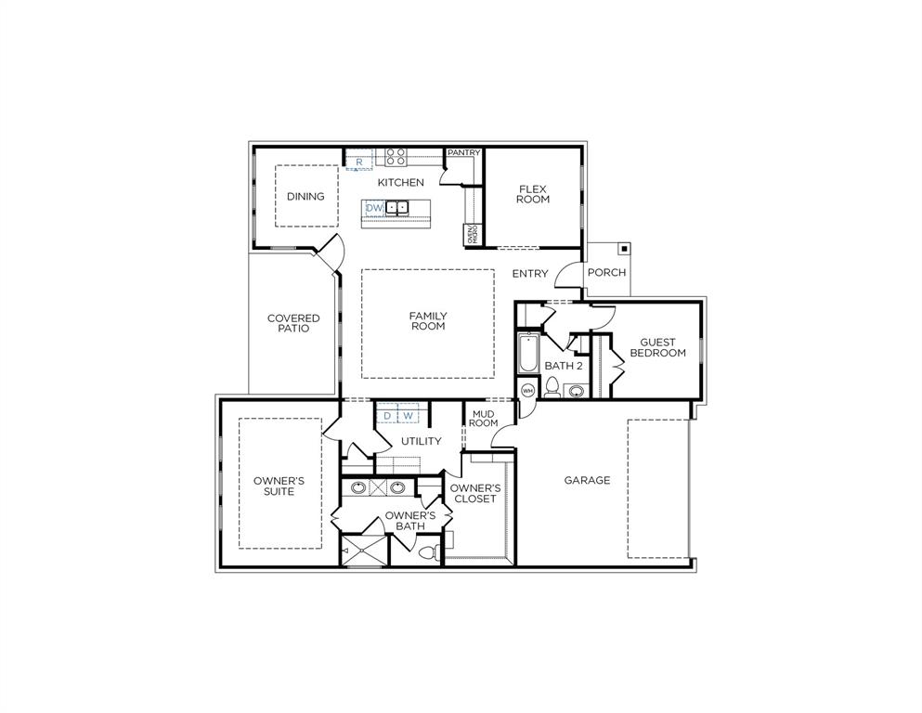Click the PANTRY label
463,152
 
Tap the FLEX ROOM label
533,193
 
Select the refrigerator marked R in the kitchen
358,162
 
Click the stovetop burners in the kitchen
396,156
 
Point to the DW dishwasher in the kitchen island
374,208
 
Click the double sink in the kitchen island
397,208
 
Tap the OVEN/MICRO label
472,234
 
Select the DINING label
305,196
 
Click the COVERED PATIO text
293,323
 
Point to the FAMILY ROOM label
427,321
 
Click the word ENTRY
530,274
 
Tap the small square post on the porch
624,249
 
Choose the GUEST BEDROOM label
657,347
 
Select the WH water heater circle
527,390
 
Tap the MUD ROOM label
483,418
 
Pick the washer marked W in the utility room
407,415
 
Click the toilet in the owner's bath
428,552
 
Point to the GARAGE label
587,480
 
